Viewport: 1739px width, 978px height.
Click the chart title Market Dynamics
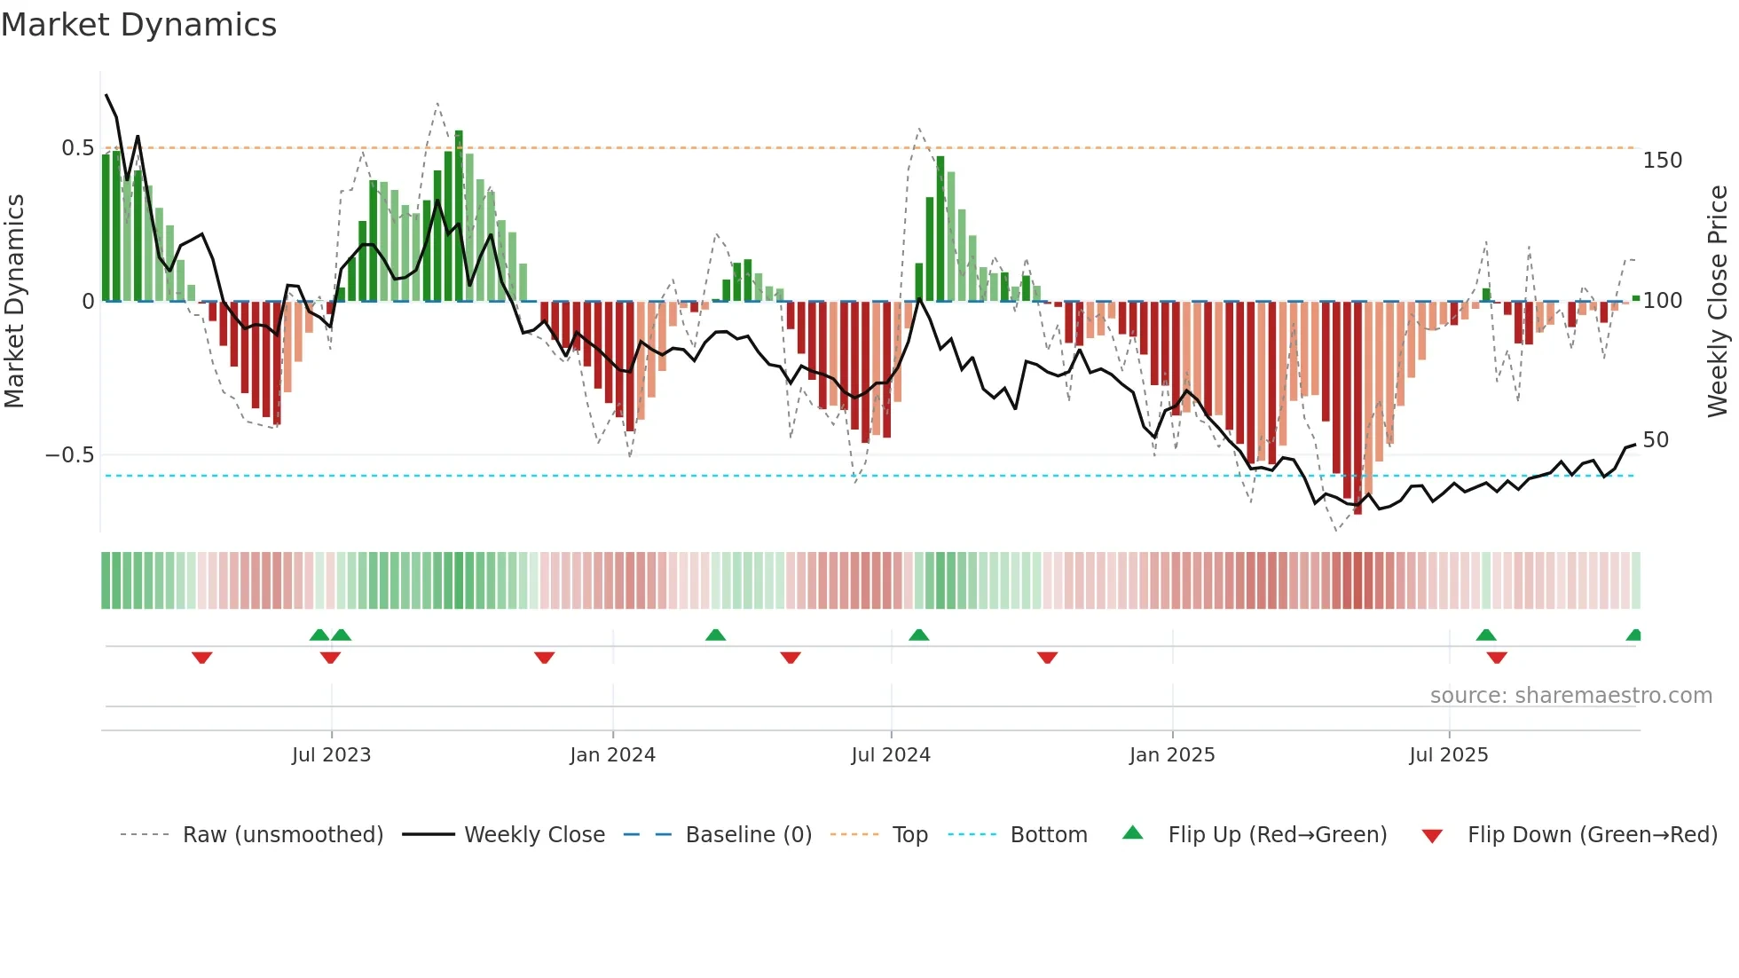[138, 25]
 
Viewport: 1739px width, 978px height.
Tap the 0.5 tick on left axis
[77, 148]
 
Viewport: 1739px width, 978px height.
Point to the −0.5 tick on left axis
[69, 455]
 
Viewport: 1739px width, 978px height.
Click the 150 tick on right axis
[1662, 161]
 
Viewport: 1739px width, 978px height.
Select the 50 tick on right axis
[1656, 440]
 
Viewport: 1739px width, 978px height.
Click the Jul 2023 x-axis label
[331, 755]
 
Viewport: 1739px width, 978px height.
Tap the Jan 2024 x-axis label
[612, 755]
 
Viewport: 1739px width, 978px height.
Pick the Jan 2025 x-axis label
[1171, 755]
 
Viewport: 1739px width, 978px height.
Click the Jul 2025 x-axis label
[1448, 755]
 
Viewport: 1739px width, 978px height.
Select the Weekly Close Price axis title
[1718, 302]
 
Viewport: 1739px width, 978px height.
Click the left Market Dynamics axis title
[15, 302]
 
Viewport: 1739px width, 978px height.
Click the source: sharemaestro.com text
[1570, 696]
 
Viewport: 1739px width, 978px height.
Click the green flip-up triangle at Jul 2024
[918, 635]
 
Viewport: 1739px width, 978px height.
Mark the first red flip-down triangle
[201, 658]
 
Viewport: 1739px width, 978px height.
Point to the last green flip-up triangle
[1633, 635]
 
